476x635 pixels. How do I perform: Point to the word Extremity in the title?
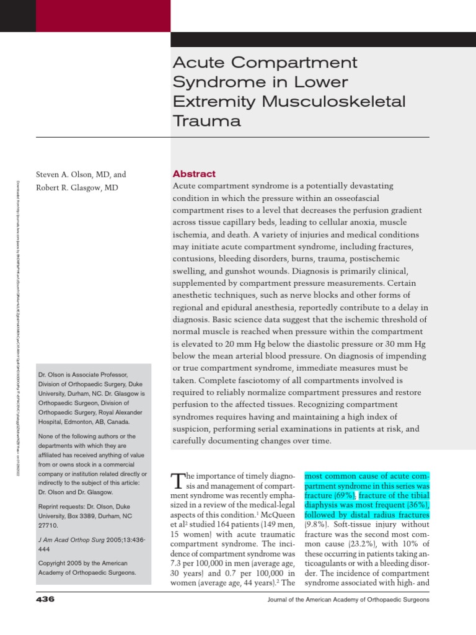click(x=208, y=101)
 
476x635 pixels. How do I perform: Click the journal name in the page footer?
click(x=348, y=600)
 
